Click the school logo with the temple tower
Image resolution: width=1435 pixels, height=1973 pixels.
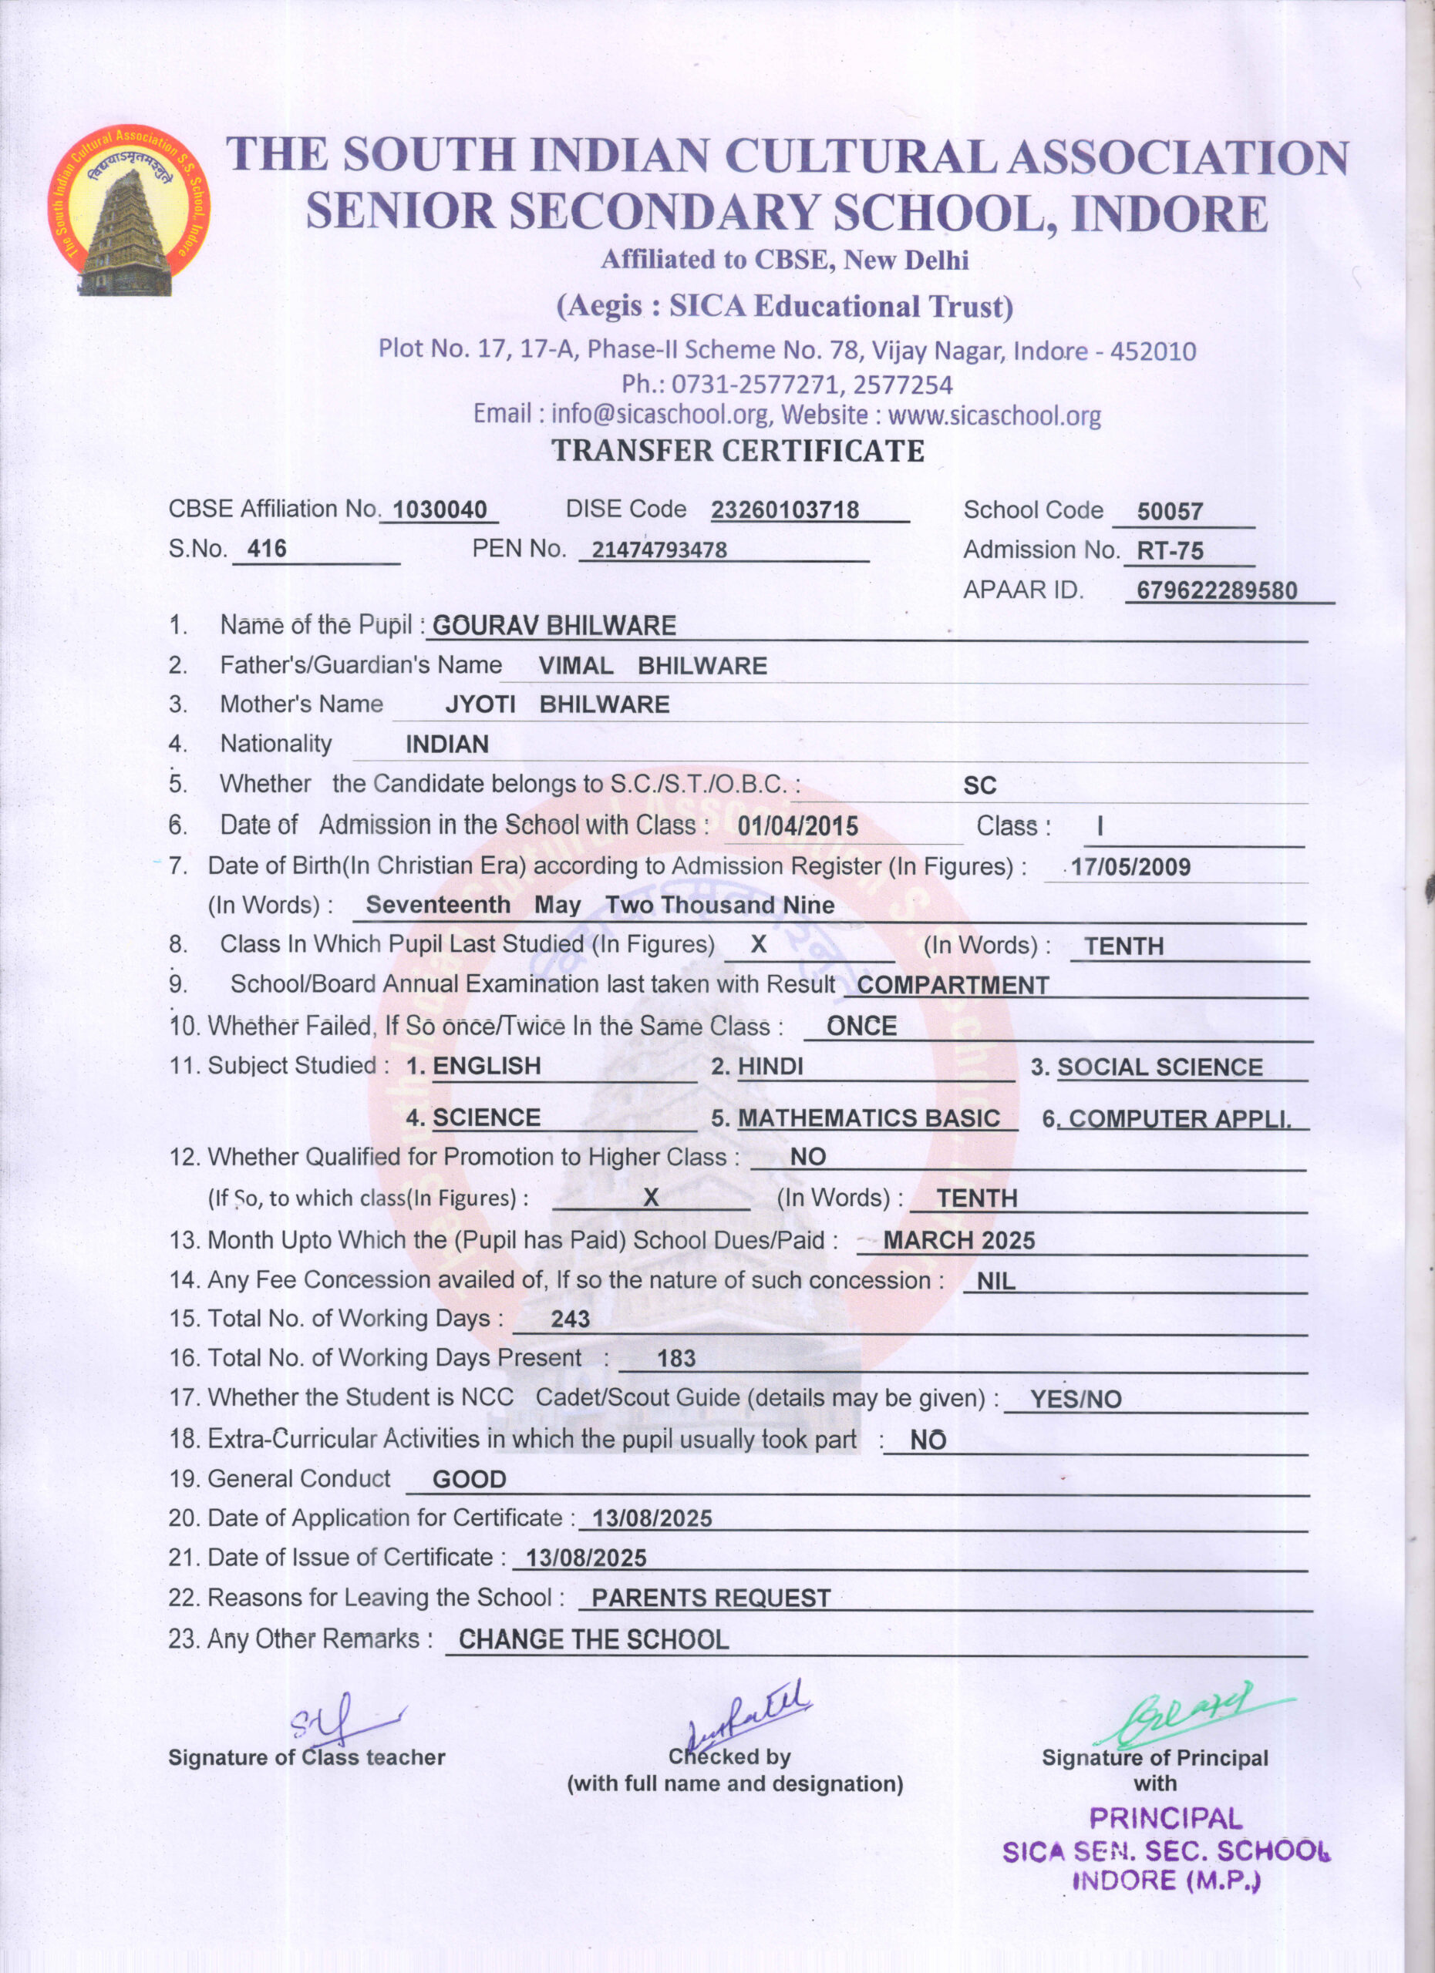point(129,210)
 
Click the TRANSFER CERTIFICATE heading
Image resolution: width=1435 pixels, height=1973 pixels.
point(738,451)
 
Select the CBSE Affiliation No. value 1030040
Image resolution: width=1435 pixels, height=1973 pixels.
point(440,509)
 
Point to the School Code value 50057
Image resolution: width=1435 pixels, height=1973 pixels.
point(1170,512)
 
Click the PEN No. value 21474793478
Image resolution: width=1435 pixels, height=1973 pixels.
point(659,550)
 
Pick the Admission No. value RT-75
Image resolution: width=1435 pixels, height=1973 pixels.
point(1170,550)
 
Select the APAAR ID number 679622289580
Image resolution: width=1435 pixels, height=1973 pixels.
point(1217,590)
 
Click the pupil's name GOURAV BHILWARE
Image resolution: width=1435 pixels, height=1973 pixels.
point(554,626)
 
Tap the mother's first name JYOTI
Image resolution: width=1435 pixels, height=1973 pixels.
point(480,704)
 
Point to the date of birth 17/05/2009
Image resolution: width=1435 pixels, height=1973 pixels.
point(1130,866)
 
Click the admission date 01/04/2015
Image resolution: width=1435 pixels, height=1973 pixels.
point(798,826)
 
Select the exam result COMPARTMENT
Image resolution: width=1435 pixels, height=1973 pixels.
point(953,986)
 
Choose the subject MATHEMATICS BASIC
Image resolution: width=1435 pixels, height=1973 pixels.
point(868,1118)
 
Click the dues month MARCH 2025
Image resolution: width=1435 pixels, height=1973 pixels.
point(959,1241)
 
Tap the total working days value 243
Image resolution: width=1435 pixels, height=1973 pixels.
point(570,1319)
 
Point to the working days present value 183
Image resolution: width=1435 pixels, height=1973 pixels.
point(676,1359)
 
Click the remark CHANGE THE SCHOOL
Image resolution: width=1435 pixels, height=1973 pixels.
point(594,1640)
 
